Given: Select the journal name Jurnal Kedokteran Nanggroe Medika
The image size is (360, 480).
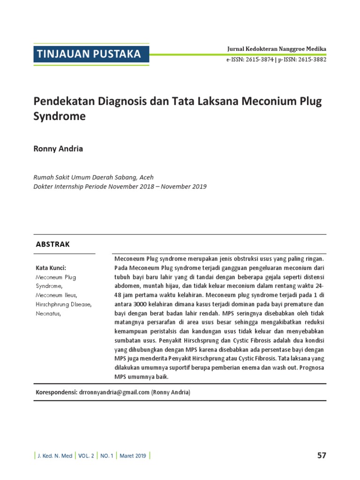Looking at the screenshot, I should coord(277,49).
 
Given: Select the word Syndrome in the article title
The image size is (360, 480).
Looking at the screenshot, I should coord(60,116).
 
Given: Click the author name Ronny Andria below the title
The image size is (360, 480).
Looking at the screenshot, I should coord(59,149).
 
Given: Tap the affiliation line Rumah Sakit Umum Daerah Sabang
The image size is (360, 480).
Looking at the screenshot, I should coord(93,177).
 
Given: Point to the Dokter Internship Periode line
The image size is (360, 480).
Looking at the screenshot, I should coord(120,186).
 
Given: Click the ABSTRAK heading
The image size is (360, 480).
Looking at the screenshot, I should coord(53,244).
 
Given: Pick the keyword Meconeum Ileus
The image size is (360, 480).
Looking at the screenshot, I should coord(56,295).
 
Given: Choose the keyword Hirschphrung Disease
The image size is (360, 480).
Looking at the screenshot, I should coord(64,304).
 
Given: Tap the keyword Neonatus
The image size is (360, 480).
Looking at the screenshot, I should coord(48,313).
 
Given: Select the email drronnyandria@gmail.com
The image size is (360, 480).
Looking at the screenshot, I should coord(114,392).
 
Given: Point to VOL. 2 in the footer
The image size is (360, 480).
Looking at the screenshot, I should coord(86,456).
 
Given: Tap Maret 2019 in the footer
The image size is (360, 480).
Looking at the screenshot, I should coord(133,456).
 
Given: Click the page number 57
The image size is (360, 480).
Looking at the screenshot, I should coord(321,455).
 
